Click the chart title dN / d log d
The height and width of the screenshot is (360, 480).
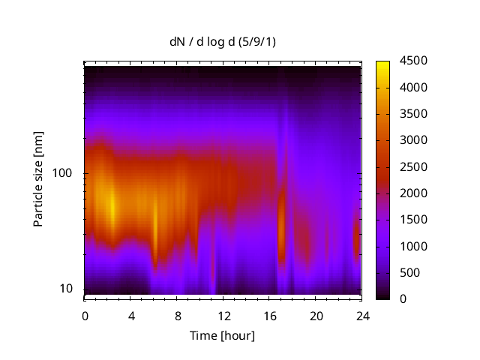[x=223, y=42]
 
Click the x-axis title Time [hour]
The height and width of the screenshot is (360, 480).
[x=221, y=335]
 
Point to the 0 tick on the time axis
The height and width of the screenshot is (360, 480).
[x=85, y=315]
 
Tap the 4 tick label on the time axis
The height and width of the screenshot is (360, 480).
[x=131, y=315]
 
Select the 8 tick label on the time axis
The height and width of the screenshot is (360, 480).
[x=178, y=315]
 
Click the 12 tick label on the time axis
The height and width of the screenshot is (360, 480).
[x=223, y=315]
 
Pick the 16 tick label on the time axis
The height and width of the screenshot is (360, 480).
[x=270, y=315]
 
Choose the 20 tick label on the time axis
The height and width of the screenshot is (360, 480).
[x=316, y=315]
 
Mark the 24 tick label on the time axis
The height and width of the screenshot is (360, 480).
[x=362, y=315]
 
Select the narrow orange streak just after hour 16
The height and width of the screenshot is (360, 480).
[x=282, y=225]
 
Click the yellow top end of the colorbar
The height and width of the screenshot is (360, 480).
[x=382, y=64]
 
